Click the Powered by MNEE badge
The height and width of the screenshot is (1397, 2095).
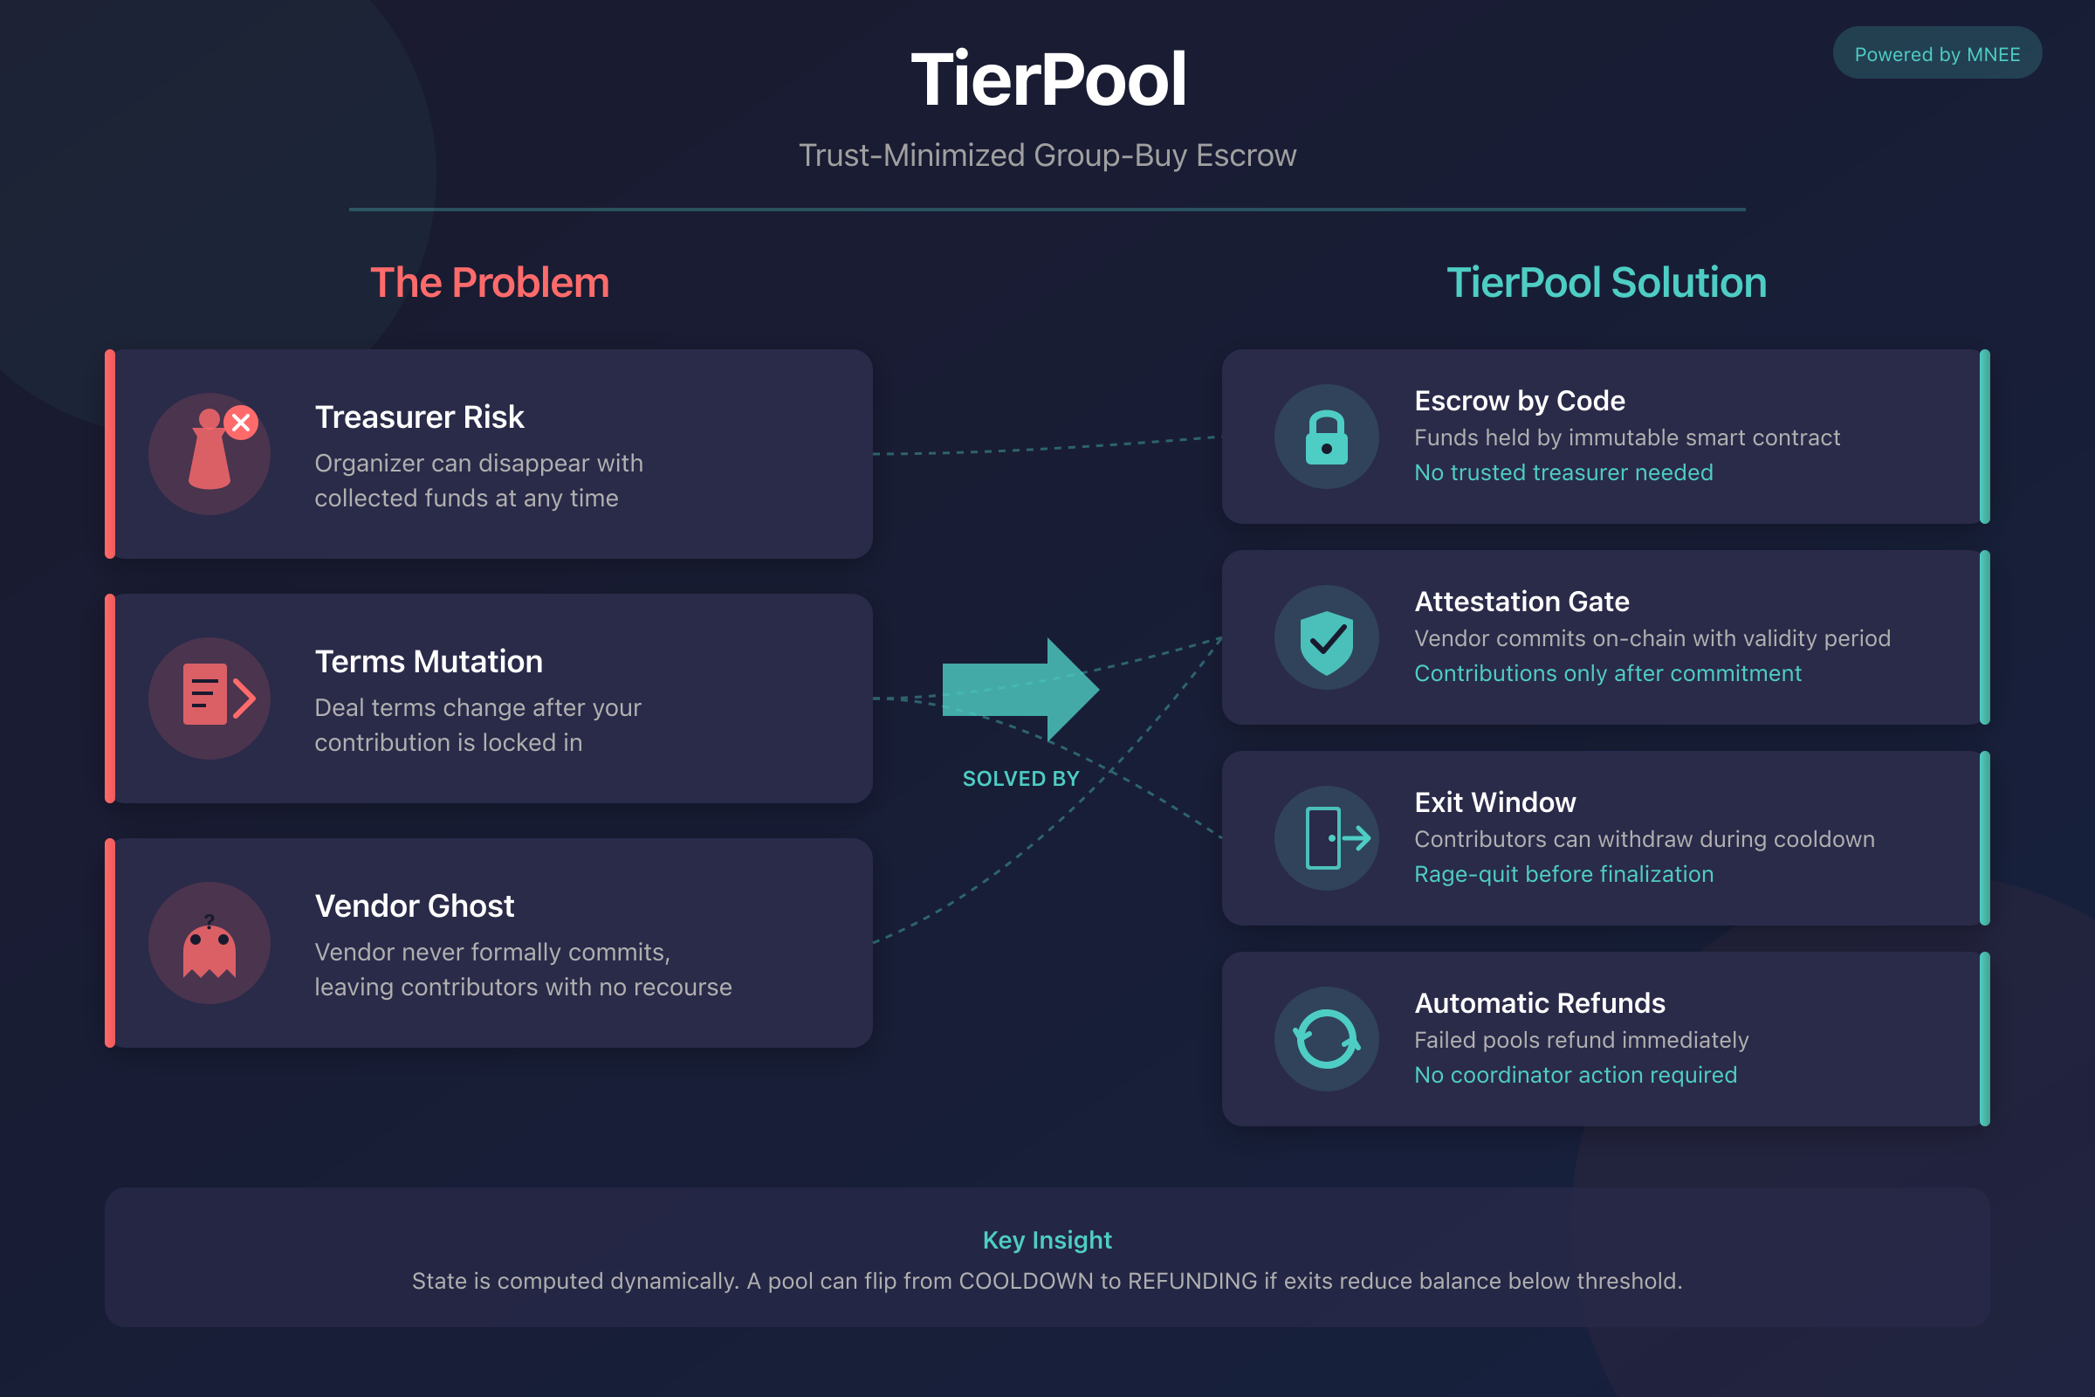point(1936,53)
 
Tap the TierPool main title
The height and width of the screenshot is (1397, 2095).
point(1047,79)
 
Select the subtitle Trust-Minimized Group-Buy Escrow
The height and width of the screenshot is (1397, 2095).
point(1047,155)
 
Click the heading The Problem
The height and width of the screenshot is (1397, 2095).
point(489,282)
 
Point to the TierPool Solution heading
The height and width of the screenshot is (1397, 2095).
point(1606,282)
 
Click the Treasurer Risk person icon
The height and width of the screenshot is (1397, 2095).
point(209,452)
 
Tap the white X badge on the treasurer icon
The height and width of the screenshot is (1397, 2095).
point(241,423)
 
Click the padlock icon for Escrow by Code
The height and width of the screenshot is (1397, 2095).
point(1326,437)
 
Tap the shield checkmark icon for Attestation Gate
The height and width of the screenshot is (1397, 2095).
point(1326,640)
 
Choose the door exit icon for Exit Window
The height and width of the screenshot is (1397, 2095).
point(1334,838)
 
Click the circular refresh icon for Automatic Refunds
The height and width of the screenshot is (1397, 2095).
point(1326,1039)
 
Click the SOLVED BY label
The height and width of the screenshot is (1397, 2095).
point(1020,779)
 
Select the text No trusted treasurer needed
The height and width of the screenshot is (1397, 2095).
point(1563,472)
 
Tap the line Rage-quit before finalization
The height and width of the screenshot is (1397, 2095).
point(1563,874)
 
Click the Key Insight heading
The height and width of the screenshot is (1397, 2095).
point(1047,1239)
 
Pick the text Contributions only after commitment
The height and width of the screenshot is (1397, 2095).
point(1607,673)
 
